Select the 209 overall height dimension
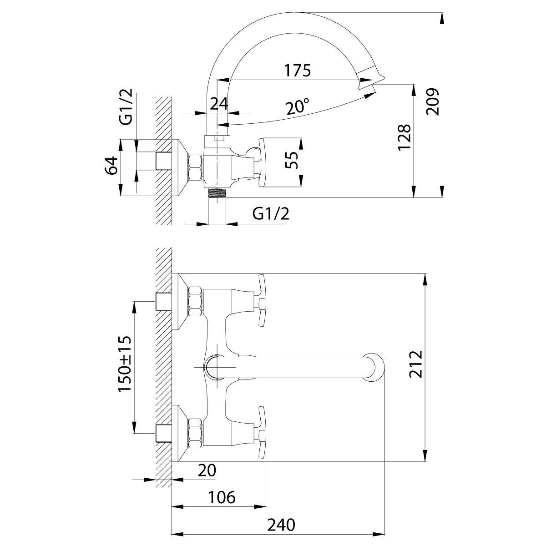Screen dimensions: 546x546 tap(434, 101)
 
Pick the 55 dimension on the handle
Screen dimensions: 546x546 tap(294, 160)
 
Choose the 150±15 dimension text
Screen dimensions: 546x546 tap(125, 364)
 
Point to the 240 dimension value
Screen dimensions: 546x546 tap(281, 525)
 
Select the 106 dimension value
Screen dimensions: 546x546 tap(222, 497)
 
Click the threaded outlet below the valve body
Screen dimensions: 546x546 tap(217, 192)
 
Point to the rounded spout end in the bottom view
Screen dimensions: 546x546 tap(375, 367)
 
